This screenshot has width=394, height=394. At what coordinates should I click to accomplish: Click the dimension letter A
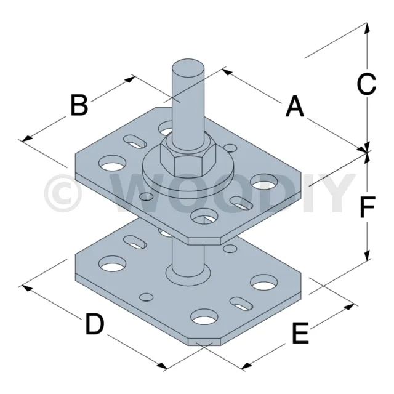pyautogui.click(x=295, y=107)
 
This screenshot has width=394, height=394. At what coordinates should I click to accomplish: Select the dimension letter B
pyautogui.click(x=79, y=105)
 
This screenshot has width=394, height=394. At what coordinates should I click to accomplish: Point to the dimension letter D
pyautogui.click(x=95, y=323)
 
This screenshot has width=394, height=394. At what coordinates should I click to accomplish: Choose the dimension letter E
pyautogui.click(x=300, y=333)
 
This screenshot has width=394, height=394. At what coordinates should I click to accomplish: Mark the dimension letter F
pyautogui.click(x=368, y=207)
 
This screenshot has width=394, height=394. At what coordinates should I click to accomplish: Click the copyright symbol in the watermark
pyautogui.click(x=63, y=193)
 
